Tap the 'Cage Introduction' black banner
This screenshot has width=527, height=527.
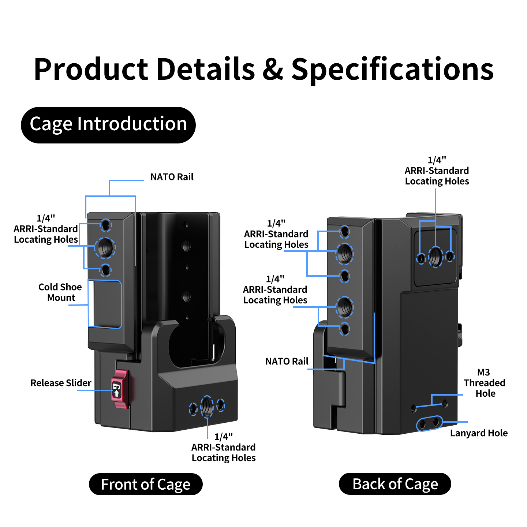click(x=108, y=125)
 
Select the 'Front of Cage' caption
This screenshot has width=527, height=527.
click(x=146, y=484)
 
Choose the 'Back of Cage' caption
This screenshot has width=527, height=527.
click(x=395, y=484)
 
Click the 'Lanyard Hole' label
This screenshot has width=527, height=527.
click(x=479, y=433)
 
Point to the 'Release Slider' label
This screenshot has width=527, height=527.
click(x=61, y=383)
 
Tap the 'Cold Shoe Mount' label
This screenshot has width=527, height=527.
click(x=60, y=292)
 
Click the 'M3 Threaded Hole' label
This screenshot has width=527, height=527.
click(x=484, y=383)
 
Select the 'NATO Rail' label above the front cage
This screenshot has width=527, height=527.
click(x=172, y=177)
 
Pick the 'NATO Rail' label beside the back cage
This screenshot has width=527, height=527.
click(x=287, y=361)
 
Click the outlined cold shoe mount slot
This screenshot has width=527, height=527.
click(x=105, y=303)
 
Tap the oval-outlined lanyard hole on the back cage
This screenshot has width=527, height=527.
click(x=429, y=423)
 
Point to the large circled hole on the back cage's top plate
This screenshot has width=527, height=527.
click(x=436, y=257)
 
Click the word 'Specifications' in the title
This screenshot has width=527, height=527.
click(x=392, y=70)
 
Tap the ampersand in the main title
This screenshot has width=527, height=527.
click(x=273, y=69)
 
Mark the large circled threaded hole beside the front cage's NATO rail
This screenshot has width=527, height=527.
click(x=105, y=248)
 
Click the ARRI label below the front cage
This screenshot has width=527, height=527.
click(x=224, y=447)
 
